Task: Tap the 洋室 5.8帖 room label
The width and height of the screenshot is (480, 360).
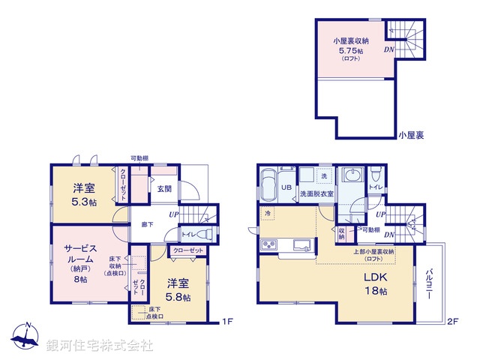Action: (178, 289)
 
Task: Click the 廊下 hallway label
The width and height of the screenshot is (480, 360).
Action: (148, 223)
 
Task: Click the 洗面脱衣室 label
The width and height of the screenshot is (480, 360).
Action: (317, 194)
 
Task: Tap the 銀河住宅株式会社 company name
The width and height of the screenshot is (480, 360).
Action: (100, 345)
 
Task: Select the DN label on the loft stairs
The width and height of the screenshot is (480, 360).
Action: (389, 50)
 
